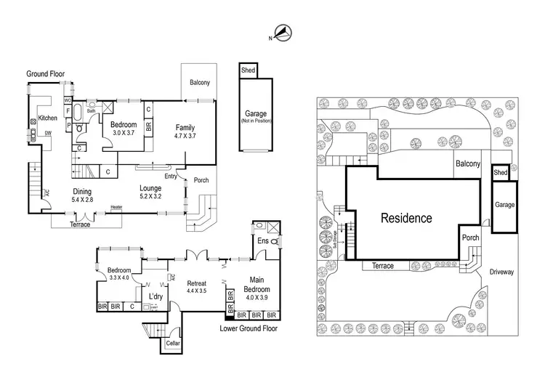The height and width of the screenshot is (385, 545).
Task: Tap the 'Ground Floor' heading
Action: pos(47,74)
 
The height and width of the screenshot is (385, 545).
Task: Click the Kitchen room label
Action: pos(48,118)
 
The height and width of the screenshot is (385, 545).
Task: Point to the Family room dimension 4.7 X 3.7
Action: pos(186,136)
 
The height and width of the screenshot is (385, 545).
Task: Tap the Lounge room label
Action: pos(150,187)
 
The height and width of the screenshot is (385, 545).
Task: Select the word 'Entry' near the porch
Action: pos(171,175)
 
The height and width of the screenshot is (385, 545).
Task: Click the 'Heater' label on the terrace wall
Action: pos(116,208)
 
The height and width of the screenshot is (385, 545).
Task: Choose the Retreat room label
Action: pos(198,283)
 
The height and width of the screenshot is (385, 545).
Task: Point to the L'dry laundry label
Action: pos(156,297)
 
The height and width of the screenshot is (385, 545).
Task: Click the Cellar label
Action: pos(172,343)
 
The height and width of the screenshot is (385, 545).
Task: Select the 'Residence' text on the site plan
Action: pos(407,218)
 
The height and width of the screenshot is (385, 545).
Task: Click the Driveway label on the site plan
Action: pos(502,272)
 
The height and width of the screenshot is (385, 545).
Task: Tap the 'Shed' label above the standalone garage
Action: pos(248,70)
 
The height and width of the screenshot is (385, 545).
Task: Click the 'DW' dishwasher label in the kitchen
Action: pos(47,133)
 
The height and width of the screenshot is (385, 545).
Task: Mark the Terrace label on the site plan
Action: pos(383,266)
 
